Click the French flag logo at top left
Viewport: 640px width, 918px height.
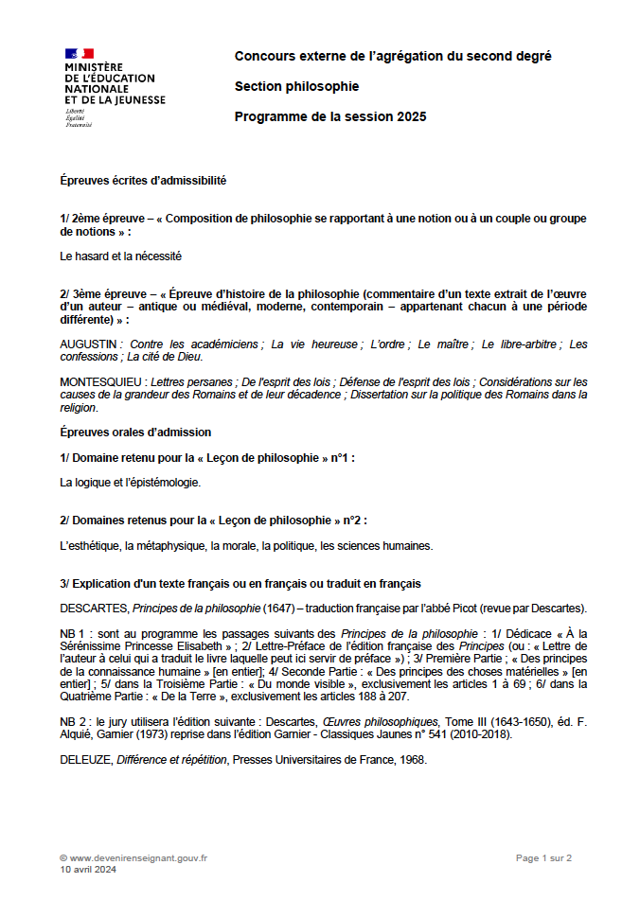pyautogui.click(x=80, y=54)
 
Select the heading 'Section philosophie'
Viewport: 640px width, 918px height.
pyautogui.click(x=296, y=86)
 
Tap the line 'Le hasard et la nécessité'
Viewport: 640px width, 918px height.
pyautogui.click(x=120, y=256)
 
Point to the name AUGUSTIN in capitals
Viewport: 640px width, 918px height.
pyautogui.click(x=88, y=344)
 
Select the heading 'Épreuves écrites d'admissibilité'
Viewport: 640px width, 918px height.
pyautogui.click(x=142, y=180)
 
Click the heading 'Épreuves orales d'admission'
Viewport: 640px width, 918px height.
pyautogui.click(x=134, y=433)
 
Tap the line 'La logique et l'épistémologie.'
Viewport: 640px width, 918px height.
pyautogui.click(x=130, y=482)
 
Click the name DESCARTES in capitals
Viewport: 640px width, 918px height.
pyautogui.click(x=93, y=608)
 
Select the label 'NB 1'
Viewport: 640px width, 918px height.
pyautogui.click(x=75, y=633)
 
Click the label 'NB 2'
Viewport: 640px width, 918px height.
pyautogui.click(x=75, y=721)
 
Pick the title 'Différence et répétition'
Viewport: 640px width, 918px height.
pyautogui.click(x=172, y=758)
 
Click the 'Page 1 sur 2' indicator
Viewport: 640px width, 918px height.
pyautogui.click(x=543, y=857)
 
